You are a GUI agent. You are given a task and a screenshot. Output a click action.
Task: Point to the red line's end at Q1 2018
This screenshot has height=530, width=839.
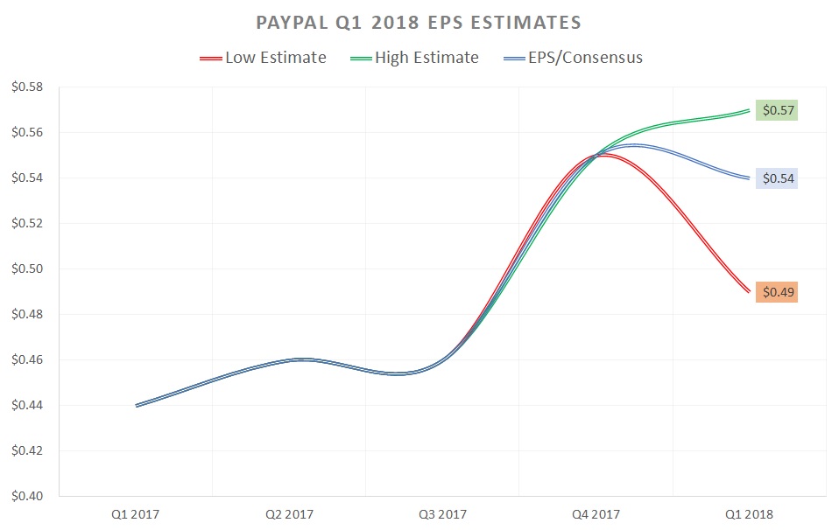pos(749,291)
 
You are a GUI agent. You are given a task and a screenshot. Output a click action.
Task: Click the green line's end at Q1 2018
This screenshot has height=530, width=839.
pos(749,110)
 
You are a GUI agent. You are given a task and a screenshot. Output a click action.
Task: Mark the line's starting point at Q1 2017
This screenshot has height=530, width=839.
pos(137,405)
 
